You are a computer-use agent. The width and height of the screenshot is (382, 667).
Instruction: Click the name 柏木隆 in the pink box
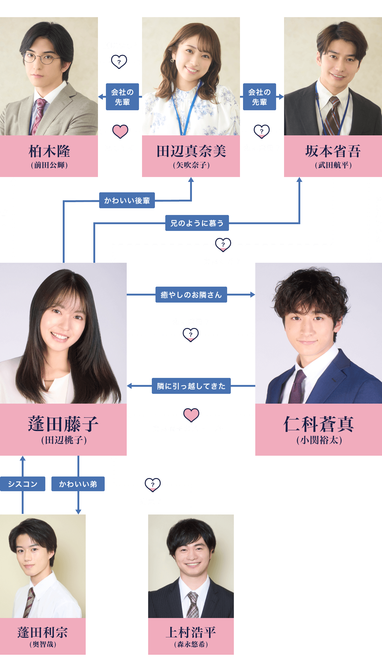[49, 151]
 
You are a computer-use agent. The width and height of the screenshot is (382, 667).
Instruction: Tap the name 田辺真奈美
[191, 151]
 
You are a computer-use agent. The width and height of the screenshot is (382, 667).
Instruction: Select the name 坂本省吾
[333, 151]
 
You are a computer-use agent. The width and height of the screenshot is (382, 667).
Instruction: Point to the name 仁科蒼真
[319, 424]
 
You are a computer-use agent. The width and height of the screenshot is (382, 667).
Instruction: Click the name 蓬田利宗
[43, 632]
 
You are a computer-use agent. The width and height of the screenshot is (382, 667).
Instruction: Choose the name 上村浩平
[191, 632]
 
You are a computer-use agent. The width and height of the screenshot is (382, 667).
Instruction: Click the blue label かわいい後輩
[127, 201]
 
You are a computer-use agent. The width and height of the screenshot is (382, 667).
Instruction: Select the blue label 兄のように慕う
[197, 223]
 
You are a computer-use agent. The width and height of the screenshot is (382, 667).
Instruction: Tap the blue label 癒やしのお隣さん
[191, 295]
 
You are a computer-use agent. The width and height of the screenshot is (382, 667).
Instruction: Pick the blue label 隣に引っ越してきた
[191, 386]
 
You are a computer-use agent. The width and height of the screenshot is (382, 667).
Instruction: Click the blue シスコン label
[23, 484]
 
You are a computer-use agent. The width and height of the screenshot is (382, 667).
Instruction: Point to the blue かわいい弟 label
[78, 484]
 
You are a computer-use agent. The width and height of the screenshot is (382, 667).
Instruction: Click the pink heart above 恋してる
[120, 131]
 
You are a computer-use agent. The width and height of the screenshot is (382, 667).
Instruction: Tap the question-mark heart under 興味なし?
[119, 62]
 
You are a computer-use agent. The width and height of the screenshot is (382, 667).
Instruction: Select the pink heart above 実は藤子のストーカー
[191, 415]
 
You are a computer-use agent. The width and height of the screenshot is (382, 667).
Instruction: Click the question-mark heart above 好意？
[152, 484]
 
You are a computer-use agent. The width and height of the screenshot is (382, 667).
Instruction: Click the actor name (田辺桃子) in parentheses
[64, 440]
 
